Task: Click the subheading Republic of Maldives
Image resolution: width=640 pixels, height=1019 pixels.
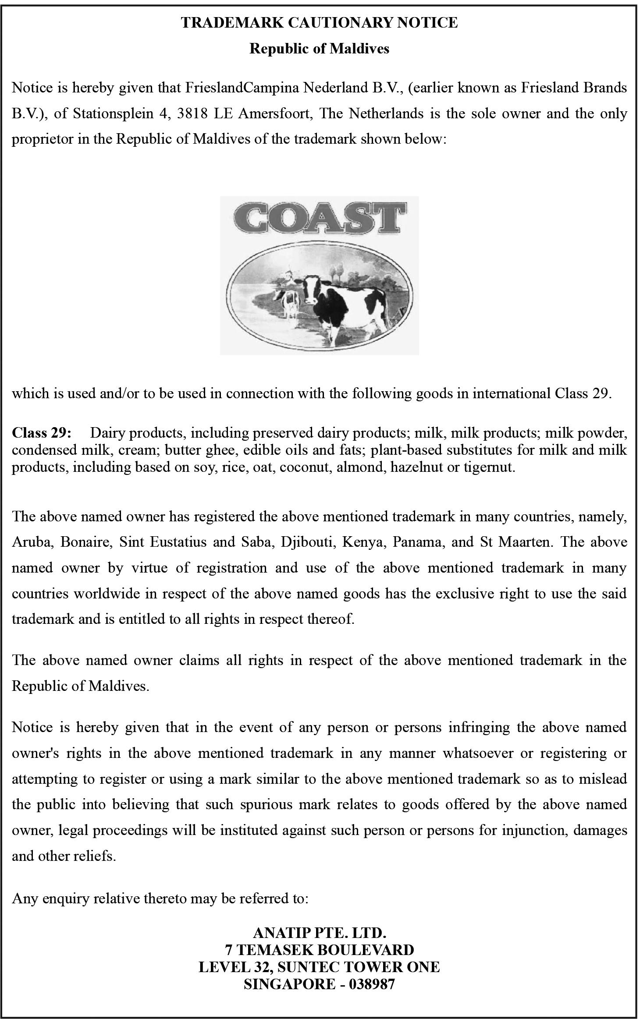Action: [x=319, y=48]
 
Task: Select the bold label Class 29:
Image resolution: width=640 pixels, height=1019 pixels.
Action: [x=41, y=433]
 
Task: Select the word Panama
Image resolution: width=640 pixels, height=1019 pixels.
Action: [x=415, y=542]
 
